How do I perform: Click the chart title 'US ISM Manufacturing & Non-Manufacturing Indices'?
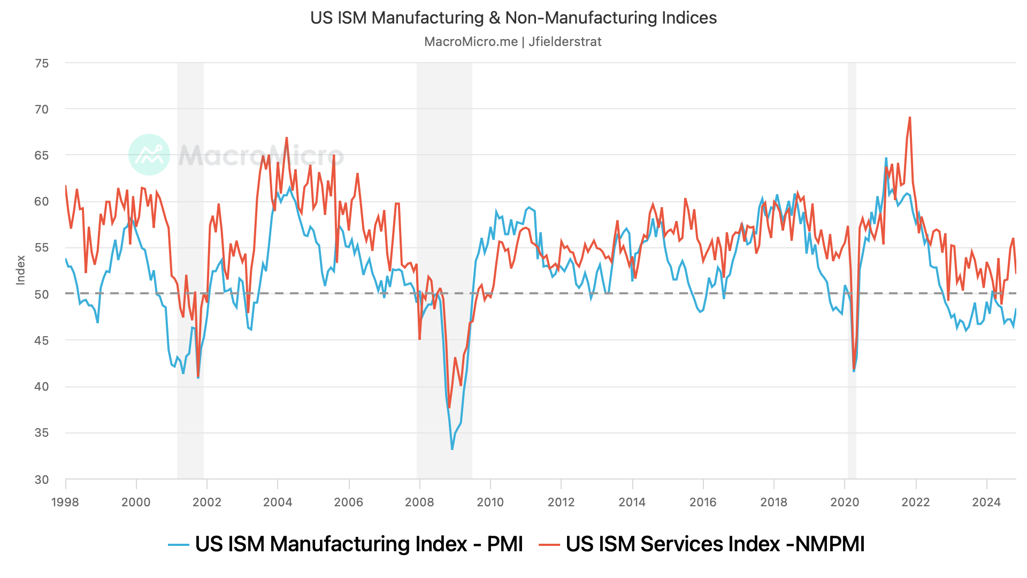[x=513, y=18]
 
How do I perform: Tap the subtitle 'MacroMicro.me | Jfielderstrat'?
[x=512, y=42]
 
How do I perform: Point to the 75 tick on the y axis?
[x=42, y=63]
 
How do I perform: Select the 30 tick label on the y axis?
[x=42, y=480]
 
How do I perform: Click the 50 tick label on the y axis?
[x=42, y=294]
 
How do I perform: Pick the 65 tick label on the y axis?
[x=42, y=156]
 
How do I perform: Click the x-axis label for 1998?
[x=65, y=502]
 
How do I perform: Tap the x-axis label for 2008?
[x=419, y=502]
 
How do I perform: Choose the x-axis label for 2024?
[x=986, y=502]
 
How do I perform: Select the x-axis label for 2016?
[x=703, y=502]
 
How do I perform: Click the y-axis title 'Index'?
[x=21, y=270]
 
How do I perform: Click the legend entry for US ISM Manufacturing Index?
[x=346, y=544]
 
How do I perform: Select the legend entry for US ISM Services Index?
[x=702, y=544]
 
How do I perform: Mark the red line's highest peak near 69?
[x=910, y=118]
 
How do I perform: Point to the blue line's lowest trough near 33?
[x=452, y=448]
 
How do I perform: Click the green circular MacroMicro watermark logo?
[x=149, y=155]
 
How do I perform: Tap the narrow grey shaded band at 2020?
[x=852, y=268]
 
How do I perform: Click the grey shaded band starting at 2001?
[x=190, y=268]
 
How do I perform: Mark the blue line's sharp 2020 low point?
[x=854, y=371]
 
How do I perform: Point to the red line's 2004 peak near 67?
[x=287, y=138]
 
